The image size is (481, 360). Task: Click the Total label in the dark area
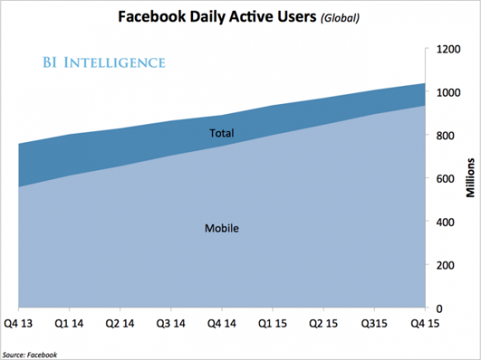pos(222,133)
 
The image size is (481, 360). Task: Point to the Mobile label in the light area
pos(221,229)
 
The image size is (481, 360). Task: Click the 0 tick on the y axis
pos(439,308)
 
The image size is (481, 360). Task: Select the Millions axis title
pos(471,178)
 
